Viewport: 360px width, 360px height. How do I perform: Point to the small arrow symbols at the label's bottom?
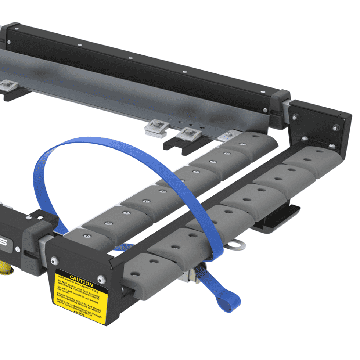point(79,313)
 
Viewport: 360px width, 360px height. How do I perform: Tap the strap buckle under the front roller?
point(194,275)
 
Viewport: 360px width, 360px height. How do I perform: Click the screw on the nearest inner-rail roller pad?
point(86,235)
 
